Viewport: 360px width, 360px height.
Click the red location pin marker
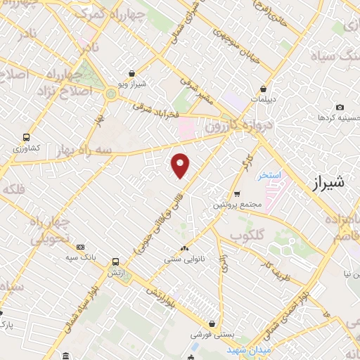pos(181,165)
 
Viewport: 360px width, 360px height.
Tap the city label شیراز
pos(328,183)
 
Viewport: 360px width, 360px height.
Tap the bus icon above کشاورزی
pos(26,138)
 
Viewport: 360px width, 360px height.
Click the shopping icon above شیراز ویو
pos(132,74)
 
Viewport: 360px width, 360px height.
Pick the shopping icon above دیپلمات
pos(263,89)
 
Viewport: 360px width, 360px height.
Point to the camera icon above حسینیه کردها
pos(340,107)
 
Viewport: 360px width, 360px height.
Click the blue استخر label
pos(269,174)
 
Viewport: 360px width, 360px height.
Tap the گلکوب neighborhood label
pos(245,234)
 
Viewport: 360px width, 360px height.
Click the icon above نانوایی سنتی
pos(185,248)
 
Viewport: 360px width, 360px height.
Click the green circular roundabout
pos(110,94)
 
